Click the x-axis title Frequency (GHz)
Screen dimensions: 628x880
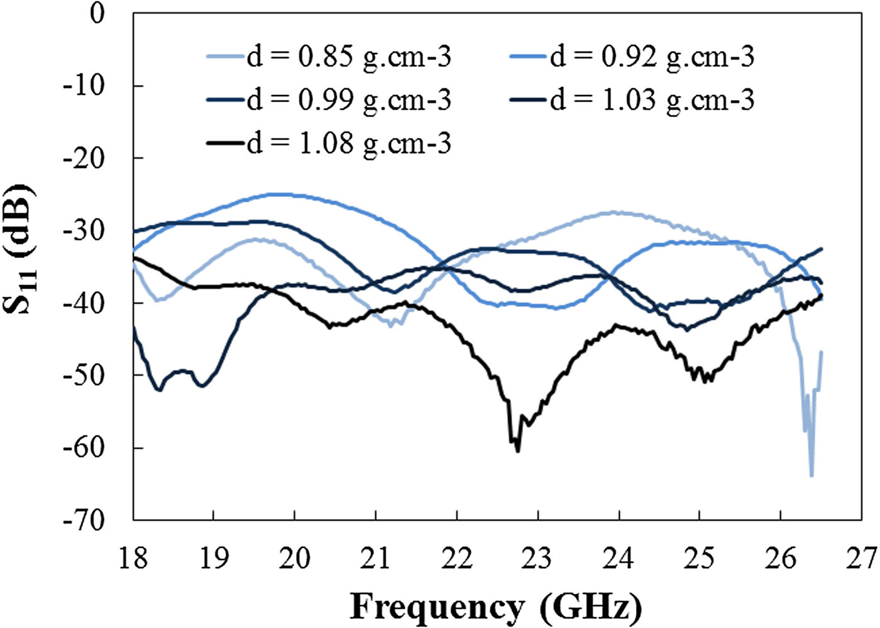(x=496, y=608)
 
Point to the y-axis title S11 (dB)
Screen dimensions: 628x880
(x=19, y=249)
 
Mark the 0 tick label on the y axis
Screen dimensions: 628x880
(x=97, y=13)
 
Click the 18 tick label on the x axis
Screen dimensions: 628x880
(x=133, y=558)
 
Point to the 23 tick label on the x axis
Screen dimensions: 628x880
(x=537, y=558)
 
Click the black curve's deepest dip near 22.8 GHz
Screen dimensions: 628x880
(x=517, y=451)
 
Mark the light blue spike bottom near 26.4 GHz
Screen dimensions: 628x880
(x=811, y=475)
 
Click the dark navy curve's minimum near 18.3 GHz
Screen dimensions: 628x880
(x=159, y=390)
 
